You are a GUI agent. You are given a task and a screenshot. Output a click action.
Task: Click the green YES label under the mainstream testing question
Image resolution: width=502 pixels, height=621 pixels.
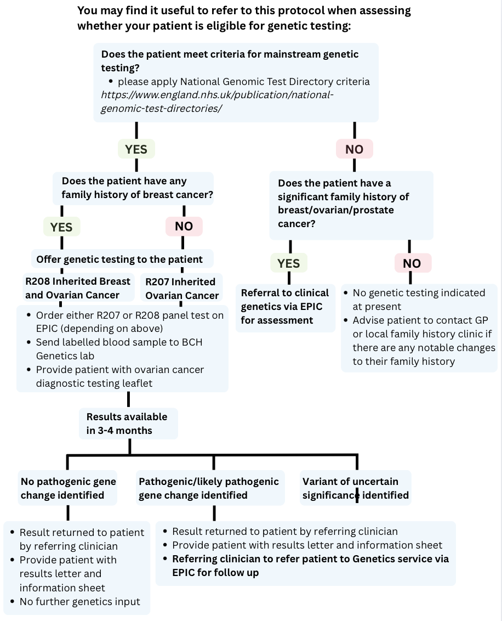136,149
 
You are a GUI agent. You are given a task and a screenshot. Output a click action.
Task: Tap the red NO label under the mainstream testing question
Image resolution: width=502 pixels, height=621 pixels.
355,149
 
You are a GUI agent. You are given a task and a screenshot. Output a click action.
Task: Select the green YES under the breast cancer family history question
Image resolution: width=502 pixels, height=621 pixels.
61,227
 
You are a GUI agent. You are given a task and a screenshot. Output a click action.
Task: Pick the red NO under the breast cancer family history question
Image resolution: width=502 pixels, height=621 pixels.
184,227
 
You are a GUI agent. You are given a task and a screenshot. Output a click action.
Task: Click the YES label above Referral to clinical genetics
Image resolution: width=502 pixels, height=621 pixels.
289,263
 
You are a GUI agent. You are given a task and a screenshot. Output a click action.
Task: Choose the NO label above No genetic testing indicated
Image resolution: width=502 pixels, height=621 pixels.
412,263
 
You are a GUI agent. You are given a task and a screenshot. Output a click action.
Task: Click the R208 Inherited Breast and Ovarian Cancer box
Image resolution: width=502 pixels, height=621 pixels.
78,288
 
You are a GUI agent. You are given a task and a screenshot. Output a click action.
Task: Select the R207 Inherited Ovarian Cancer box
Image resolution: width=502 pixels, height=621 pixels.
181,289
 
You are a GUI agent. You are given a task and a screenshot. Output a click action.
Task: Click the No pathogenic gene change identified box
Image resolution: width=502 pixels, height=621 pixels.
69,488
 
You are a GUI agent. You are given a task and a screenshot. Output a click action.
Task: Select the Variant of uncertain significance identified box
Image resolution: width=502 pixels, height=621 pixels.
355,488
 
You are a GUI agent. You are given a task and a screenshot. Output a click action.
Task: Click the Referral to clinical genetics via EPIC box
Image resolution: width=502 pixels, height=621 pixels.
285,307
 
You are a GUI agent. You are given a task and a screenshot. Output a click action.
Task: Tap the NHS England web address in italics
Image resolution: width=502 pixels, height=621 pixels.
217,101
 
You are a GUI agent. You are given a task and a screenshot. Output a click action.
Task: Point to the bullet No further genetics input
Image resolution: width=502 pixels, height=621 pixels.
79,602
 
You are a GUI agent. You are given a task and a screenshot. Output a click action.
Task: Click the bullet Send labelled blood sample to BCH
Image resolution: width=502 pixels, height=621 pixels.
119,349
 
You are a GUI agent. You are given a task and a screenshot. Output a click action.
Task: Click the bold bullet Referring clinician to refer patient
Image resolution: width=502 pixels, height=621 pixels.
310,566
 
